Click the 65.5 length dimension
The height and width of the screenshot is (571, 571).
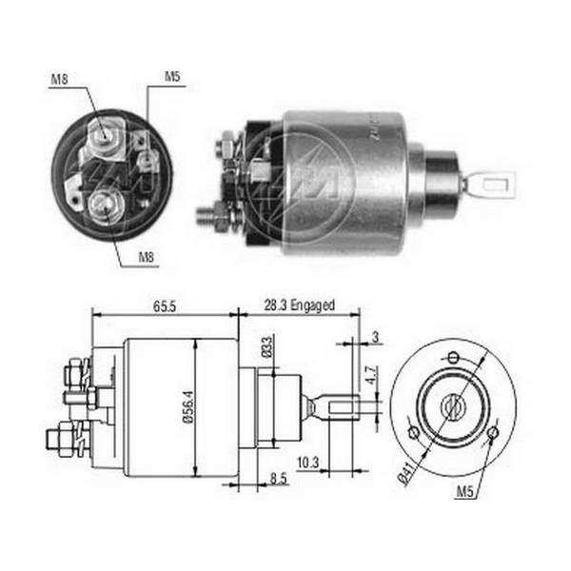(165, 306)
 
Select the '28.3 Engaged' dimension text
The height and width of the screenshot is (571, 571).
(300, 305)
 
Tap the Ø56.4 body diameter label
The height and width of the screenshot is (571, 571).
(188, 406)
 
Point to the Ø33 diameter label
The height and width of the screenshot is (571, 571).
(266, 347)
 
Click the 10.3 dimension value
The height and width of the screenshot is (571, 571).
(308, 463)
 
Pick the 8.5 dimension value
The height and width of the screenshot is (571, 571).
(279, 479)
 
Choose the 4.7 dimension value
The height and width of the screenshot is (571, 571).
(371, 376)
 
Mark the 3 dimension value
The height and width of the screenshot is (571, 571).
(375, 337)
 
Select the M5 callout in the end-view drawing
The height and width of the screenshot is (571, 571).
(464, 492)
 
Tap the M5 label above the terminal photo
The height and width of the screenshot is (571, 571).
(172, 77)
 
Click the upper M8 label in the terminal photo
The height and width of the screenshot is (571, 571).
(59, 79)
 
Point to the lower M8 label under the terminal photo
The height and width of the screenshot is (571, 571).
(147, 258)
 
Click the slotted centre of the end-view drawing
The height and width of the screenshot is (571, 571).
(453, 406)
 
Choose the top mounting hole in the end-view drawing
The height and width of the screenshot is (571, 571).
(453, 357)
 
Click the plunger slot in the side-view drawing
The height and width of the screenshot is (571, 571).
(341, 406)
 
